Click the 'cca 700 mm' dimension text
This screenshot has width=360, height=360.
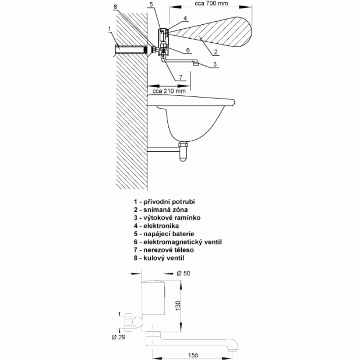click(x=211, y=4)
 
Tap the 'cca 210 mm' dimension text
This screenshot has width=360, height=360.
click(x=169, y=91)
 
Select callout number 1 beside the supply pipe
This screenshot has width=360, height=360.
click(x=109, y=29)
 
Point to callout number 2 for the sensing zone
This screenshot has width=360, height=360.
click(x=216, y=52)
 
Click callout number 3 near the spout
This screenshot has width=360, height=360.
click(x=215, y=64)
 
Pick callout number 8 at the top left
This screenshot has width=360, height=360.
click(x=115, y=7)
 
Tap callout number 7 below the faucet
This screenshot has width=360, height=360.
click(x=181, y=77)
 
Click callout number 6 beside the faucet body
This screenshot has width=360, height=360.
click(x=188, y=50)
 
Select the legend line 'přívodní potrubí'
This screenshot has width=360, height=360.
click(x=164, y=202)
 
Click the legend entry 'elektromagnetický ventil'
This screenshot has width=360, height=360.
click(x=178, y=242)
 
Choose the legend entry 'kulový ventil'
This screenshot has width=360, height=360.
click(x=159, y=258)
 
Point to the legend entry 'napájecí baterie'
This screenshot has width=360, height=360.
click(x=164, y=234)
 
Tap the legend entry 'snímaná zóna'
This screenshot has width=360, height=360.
click(x=161, y=210)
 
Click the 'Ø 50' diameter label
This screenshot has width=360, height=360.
click(x=184, y=273)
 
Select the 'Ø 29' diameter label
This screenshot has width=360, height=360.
click(x=118, y=337)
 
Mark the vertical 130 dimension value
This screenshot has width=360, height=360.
click(x=178, y=306)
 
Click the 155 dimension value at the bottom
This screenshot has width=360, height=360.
click(x=193, y=355)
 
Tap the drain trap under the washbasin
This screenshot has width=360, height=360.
click(x=183, y=152)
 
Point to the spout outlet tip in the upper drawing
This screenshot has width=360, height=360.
click(x=196, y=64)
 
